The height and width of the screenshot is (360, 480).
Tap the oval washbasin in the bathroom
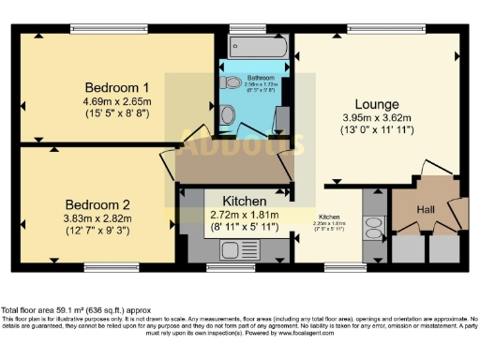click(228, 115)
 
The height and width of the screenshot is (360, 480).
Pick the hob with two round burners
click(373, 229)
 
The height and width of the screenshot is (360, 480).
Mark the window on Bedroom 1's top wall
click(100, 29)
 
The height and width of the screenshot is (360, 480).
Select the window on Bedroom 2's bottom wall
click(105, 267)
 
